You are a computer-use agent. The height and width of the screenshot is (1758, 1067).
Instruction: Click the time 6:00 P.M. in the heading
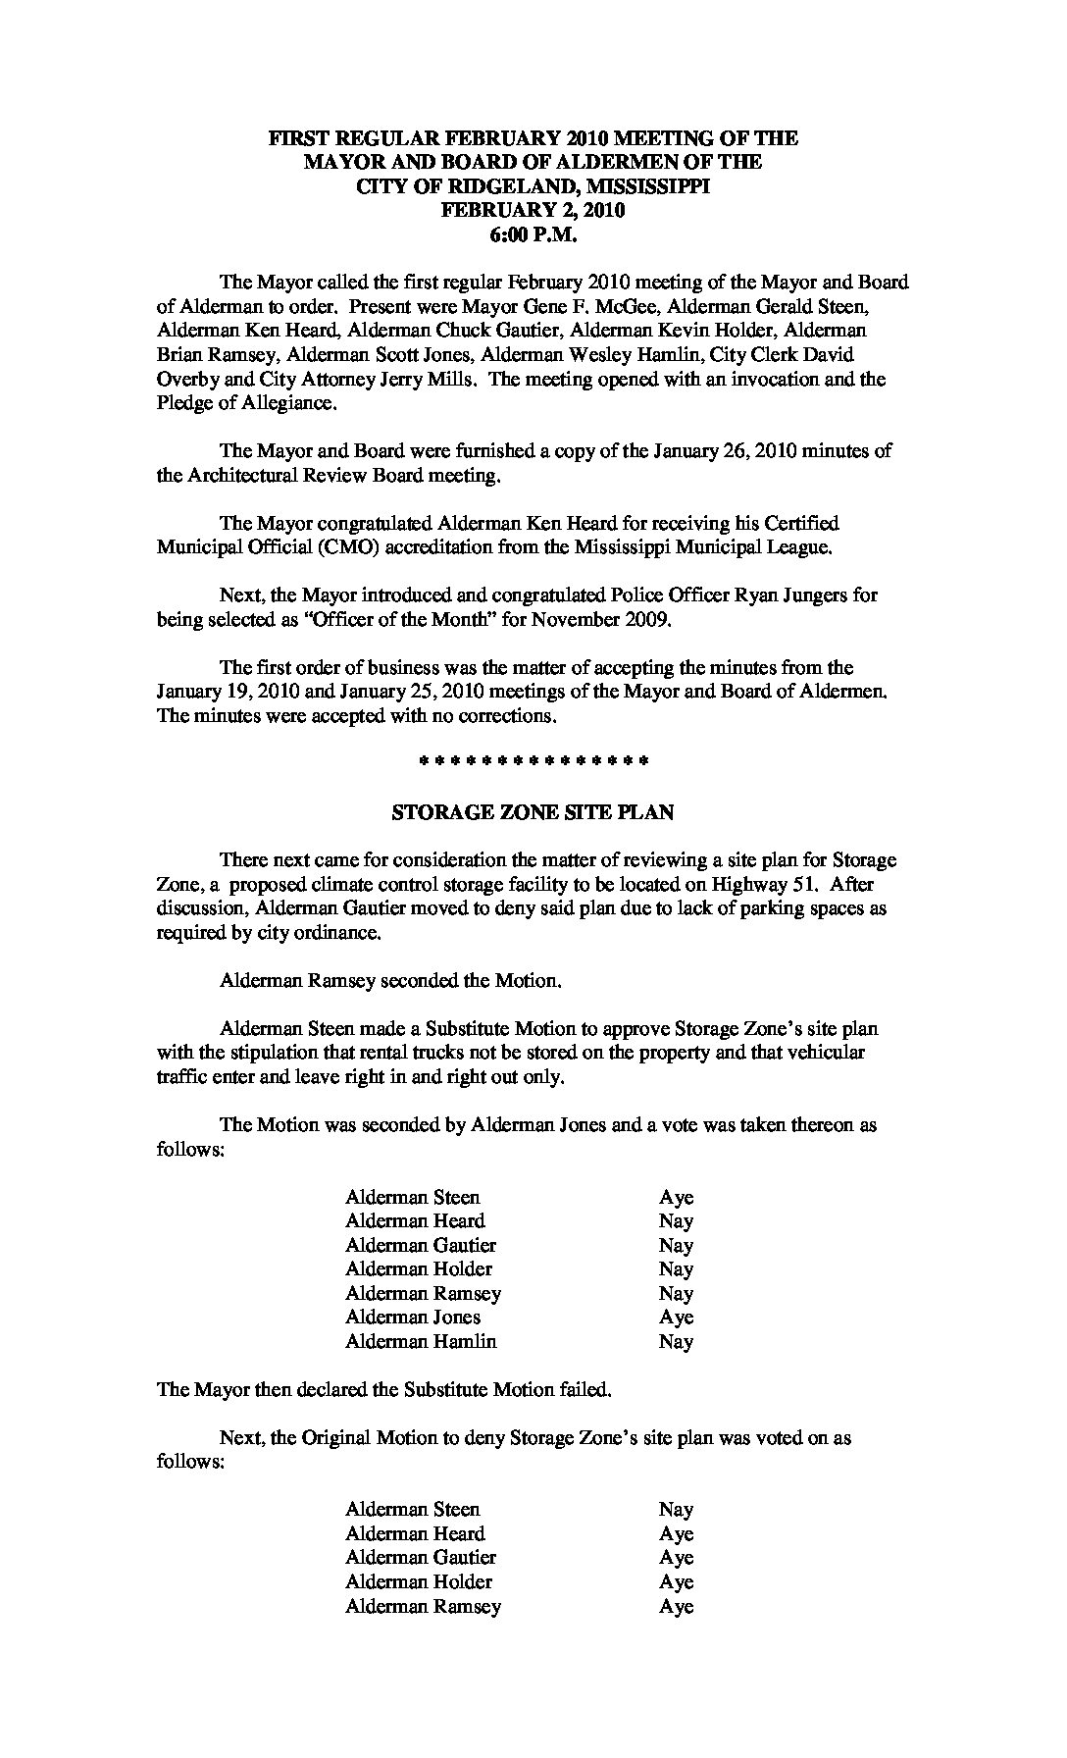(x=533, y=234)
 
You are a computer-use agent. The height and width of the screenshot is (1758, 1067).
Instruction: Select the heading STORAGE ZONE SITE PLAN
(x=533, y=812)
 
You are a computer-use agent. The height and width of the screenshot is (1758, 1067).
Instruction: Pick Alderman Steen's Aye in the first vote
(x=676, y=1198)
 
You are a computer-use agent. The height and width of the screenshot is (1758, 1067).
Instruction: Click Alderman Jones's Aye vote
(x=676, y=1318)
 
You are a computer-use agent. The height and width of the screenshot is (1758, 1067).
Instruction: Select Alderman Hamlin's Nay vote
(x=676, y=1342)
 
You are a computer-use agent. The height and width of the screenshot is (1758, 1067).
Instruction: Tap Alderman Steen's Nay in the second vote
(x=676, y=1510)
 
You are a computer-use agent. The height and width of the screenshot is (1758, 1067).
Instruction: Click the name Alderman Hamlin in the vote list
(x=421, y=1341)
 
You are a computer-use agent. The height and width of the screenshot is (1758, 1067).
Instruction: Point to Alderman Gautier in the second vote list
(x=421, y=1558)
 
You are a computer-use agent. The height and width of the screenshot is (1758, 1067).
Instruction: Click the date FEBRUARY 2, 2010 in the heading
(x=533, y=210)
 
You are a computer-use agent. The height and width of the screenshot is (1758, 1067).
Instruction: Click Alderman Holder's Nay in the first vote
(x=676, y=1269)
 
